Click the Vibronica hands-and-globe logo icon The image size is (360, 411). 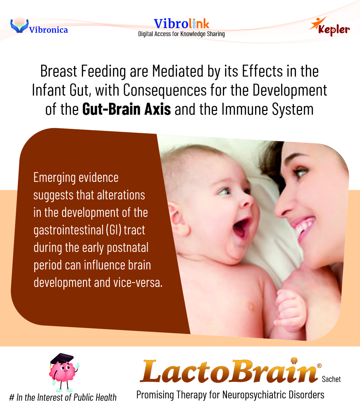pos(19,25)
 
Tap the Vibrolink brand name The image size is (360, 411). pos(181,24)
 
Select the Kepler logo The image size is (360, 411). pos(329,26)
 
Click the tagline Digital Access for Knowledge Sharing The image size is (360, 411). pos(181,34)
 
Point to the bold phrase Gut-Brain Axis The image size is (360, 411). pos(127,109)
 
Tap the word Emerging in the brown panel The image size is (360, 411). pos(54,178)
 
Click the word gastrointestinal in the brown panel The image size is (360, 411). pos(68,230)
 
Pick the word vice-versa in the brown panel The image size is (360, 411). pos(138,283)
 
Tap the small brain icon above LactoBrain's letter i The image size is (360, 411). pos(294,361)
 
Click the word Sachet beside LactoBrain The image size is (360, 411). pos(331,379)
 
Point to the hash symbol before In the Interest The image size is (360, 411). pos(12,398)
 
